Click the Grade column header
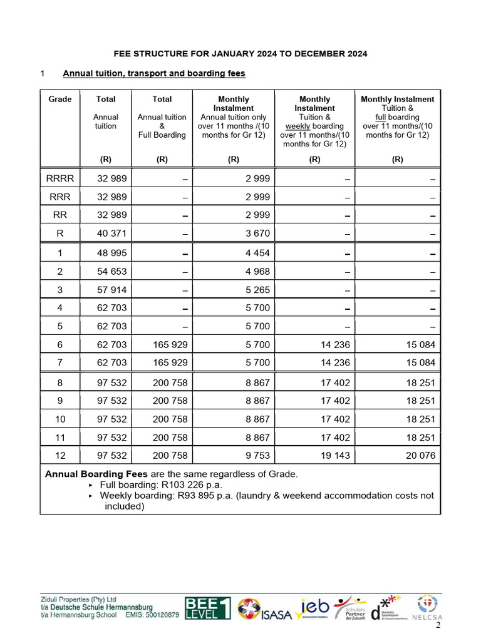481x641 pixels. pyautogui.click(x=60, y=99)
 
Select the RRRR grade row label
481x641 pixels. pyautogui.click(x=60, y=178)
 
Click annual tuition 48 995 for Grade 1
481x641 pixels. pyautogui.click(x=112, y=254)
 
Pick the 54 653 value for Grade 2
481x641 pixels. pyautogui.click(x=112, y=272)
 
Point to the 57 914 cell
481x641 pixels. pyautogui.click(x=112, y=290)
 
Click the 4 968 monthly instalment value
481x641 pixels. pyautogui.click(x=257, y=272)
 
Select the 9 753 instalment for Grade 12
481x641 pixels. pyautogui.click(x=257, y=455)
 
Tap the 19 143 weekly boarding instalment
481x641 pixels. pyautogui.click(x=335, y=455)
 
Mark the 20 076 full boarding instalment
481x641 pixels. pyautogui.click(x=420, y=455)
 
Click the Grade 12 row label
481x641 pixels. pyautogui.click(x=60, y=455)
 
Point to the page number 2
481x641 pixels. pyautogui.click(x=438, y=625)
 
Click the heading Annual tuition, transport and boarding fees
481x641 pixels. pyautogui.click(x=154, y=73)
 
